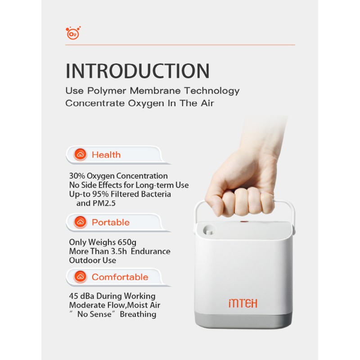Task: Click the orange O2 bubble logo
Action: (x=73, y=33)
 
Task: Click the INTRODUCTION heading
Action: (x=138, y=71)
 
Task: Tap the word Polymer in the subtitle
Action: (x=107, y=91)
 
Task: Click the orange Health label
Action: (x=106, y=155)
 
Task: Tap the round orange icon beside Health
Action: (x=80, y=154)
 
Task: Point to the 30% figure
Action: (x=77, y=176)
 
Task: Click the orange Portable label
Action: (x=111, y=222)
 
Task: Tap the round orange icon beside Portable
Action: (x=80, y=222)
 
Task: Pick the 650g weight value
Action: (x=127, y=243)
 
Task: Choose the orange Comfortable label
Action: (x=120, y=277)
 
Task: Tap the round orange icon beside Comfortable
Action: (x=80, y=276)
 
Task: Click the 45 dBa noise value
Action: (x=81, y=296)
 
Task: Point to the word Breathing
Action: (x=138, y=314)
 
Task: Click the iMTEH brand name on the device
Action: (x=243, y=303)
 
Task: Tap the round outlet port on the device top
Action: (x=209, y=230)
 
